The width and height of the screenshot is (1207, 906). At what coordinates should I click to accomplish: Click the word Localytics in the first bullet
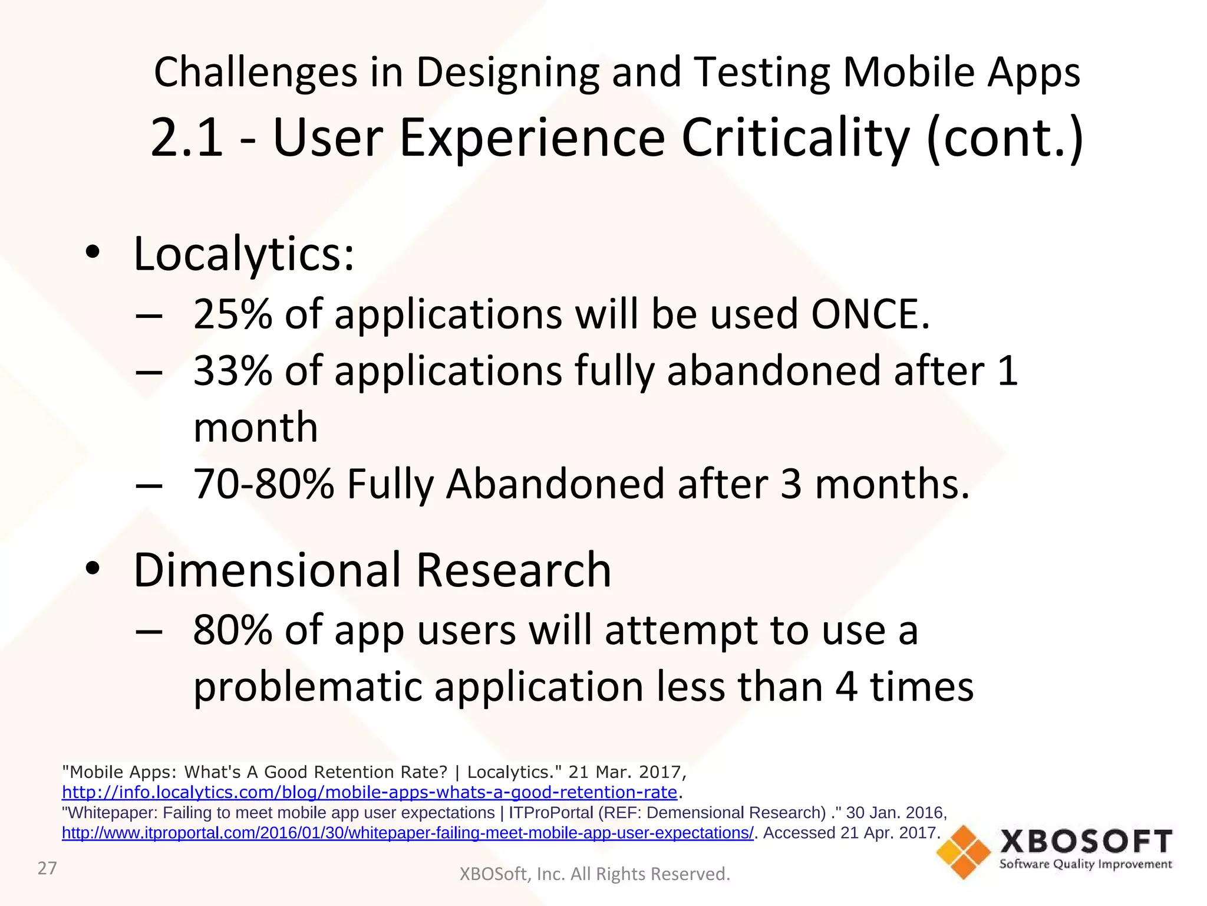pyautogui.click(x=243, y=254)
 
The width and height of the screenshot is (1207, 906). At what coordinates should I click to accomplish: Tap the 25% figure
pyautogui.click(x=233, y=314)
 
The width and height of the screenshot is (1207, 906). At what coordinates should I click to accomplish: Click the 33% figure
pyautogui.click(x=233, y=371)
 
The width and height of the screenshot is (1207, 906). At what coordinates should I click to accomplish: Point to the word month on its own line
pyautogui.click(x=256, y=428)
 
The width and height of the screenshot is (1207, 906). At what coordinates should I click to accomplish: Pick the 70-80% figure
pyautogui.click(x=263, y=484)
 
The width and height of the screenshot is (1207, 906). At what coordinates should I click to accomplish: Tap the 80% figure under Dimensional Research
pyautogui.click(x=233, y=630)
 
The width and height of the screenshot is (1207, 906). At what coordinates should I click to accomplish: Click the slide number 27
pyautogui.click(x=47, y=868)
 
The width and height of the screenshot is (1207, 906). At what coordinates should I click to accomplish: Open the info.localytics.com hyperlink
pyautogui.click(x=370, y=792)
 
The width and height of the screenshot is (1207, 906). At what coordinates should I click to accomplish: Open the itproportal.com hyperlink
pyautogui.click(x=407, y=833)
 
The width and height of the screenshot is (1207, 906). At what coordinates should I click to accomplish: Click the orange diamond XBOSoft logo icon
pyautogui.click(x=964, y=852)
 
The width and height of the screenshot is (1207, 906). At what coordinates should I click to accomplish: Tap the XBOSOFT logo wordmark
pyautogui.click(x=1086, y=842)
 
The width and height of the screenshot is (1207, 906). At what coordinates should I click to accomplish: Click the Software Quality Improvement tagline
pyautogui.click(x=1086, y=865)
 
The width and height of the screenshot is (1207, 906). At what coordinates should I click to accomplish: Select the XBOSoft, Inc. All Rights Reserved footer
pyautogui.click(x=595, y=874)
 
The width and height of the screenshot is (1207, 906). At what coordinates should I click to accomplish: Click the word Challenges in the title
pyautogui.click(x=255, y=72)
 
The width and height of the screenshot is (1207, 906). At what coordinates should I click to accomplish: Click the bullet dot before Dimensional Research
pyautogui.click(x=93, y=569)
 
